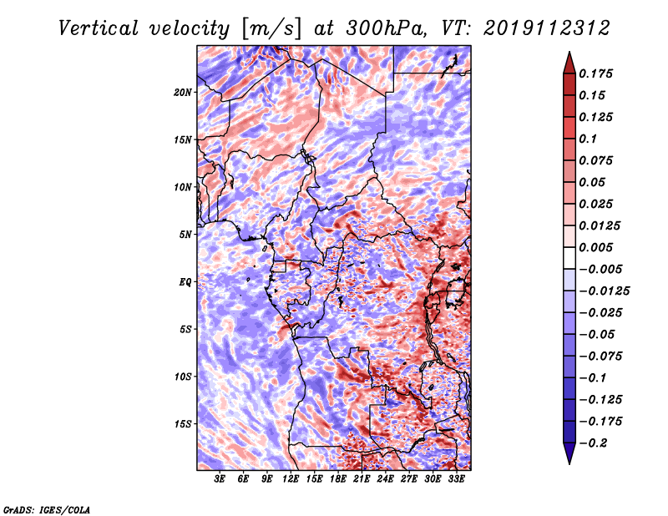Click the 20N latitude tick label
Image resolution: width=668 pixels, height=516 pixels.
183,93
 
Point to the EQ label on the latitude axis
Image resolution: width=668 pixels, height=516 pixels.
185,282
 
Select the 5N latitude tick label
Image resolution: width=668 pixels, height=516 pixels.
185,235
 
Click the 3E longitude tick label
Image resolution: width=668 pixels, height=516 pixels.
219,478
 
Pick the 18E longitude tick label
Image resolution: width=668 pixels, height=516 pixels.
337,478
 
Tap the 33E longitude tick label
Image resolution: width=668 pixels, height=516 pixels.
456,478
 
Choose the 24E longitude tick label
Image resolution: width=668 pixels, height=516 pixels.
385,478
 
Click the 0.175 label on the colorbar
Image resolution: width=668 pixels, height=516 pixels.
595,73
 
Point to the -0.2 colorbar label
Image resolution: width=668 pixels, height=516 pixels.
593,443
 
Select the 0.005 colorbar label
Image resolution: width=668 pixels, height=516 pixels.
595,247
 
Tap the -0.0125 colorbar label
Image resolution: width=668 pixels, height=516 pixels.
604,291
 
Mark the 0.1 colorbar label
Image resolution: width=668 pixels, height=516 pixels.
588,139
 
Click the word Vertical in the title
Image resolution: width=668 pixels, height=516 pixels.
99,28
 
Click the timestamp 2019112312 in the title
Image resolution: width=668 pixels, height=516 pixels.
547,28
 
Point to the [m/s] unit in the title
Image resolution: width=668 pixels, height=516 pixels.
272,29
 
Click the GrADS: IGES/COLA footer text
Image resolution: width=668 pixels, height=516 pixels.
47,509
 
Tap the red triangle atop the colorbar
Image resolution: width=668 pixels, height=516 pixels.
569,63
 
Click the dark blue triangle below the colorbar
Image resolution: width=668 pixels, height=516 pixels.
569,453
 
